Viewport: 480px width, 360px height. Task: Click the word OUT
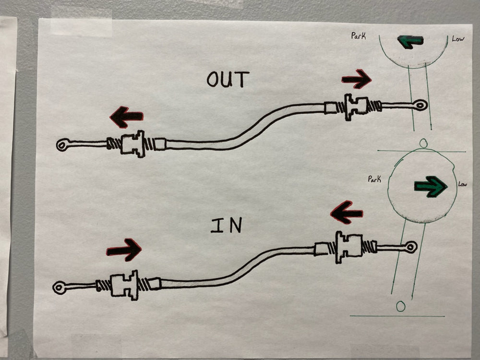pos(228,79)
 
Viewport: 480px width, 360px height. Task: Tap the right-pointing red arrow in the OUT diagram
pos(357,79)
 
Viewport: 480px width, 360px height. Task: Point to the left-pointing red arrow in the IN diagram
pos(347,212)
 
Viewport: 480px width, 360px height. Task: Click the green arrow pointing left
pos(410,42)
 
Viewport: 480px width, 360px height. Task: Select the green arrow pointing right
pos(431,186)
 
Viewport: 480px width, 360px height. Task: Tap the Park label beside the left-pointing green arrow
pos(359,36)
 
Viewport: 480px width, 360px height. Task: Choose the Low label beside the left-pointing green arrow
pos(458,39)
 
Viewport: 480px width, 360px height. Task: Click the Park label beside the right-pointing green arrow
pos(374,179)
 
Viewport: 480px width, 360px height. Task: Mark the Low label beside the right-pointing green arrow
pos(462,184)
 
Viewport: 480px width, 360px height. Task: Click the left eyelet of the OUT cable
pos(62,144)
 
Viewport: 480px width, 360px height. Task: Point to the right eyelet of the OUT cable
pos(420,105)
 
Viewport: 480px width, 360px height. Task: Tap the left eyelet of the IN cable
pos(60,287)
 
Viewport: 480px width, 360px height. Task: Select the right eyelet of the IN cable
pos(410,247)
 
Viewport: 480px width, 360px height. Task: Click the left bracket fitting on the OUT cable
pos(132,144)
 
